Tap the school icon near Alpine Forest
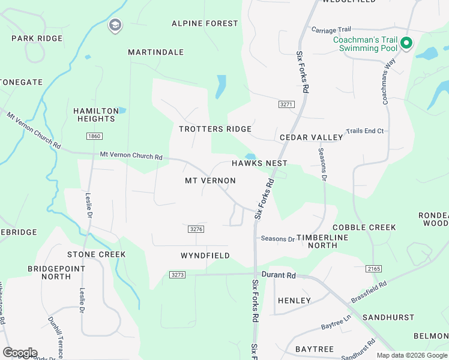point(115,25)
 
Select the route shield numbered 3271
point(287,104)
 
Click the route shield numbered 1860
point(94,136)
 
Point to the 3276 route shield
point(196,229)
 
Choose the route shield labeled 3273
point(177,275)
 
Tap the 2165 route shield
point(372,269)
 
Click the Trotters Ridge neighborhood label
point(215,129)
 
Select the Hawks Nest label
point(260,163)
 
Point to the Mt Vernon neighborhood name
point(210,181)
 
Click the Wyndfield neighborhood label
point(205,256)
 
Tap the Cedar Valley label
point(312,137)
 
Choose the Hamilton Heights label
point(96,115)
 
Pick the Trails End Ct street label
point(364,131)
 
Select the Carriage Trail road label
point(331,29)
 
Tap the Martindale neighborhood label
point(155,52)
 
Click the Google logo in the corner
point(20,352)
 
